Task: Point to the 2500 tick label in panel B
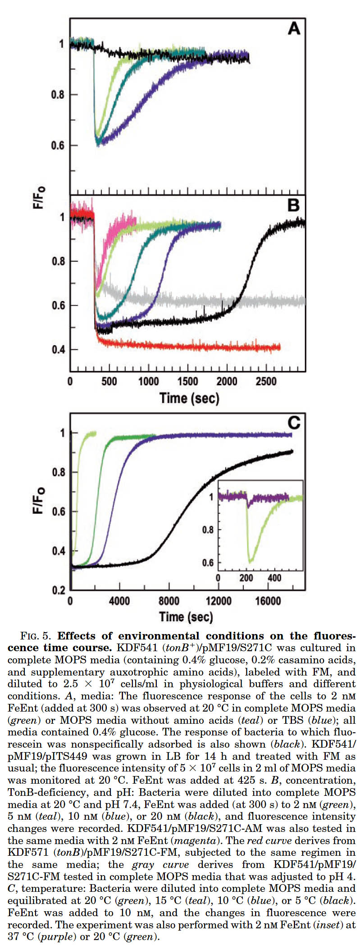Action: tap(266, 381)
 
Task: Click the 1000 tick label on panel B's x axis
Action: tap(148, 381)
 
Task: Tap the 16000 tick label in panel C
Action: tap(268, 601)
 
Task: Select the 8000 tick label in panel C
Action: tap(169, 601)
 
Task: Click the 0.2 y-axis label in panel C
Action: tap(59, 590)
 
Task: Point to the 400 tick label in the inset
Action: tap(274, 578)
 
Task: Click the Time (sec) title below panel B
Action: tap(189, 398)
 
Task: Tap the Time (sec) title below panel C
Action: tap(186, 616)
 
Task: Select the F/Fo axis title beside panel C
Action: tap(40, 500)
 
